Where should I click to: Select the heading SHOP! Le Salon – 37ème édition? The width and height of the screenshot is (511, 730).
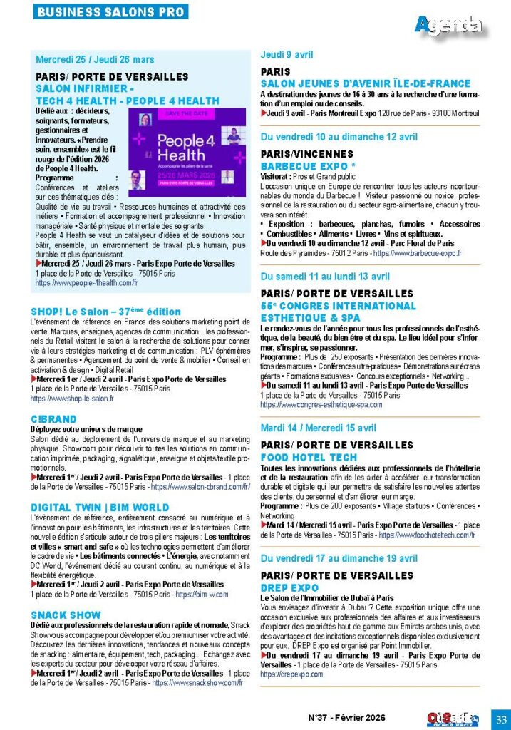coord(105,312)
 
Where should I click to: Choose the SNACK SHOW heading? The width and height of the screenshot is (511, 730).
coord(66,615)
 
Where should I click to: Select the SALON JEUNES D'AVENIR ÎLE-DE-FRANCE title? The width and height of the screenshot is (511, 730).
coord(366,83)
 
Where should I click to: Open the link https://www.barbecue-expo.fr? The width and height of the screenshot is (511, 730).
coord(417,253)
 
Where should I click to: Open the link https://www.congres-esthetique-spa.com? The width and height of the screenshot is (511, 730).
coord(321,404)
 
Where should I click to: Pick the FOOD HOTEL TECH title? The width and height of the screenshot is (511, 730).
coord(309,457)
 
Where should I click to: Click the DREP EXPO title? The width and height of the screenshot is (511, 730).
coord(289,587)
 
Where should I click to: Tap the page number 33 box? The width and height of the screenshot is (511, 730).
coord(500,717)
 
